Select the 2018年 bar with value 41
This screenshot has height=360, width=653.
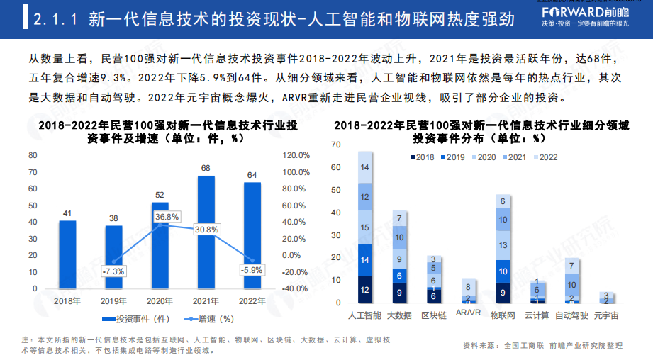[67, 255]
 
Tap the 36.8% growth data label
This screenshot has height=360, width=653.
[167, 216]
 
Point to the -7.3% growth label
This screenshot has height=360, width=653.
[113, 271]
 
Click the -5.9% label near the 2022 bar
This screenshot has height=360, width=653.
[251, 270]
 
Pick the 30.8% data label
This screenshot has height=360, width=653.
[206, 229]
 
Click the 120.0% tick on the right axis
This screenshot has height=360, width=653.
[296, 155]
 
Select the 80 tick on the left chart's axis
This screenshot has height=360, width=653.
[33, 155]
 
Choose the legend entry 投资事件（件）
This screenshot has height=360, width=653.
[142, 319]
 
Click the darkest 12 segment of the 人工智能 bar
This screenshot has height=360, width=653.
[365, 290]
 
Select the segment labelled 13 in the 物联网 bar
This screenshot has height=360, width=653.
[503, 245]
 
